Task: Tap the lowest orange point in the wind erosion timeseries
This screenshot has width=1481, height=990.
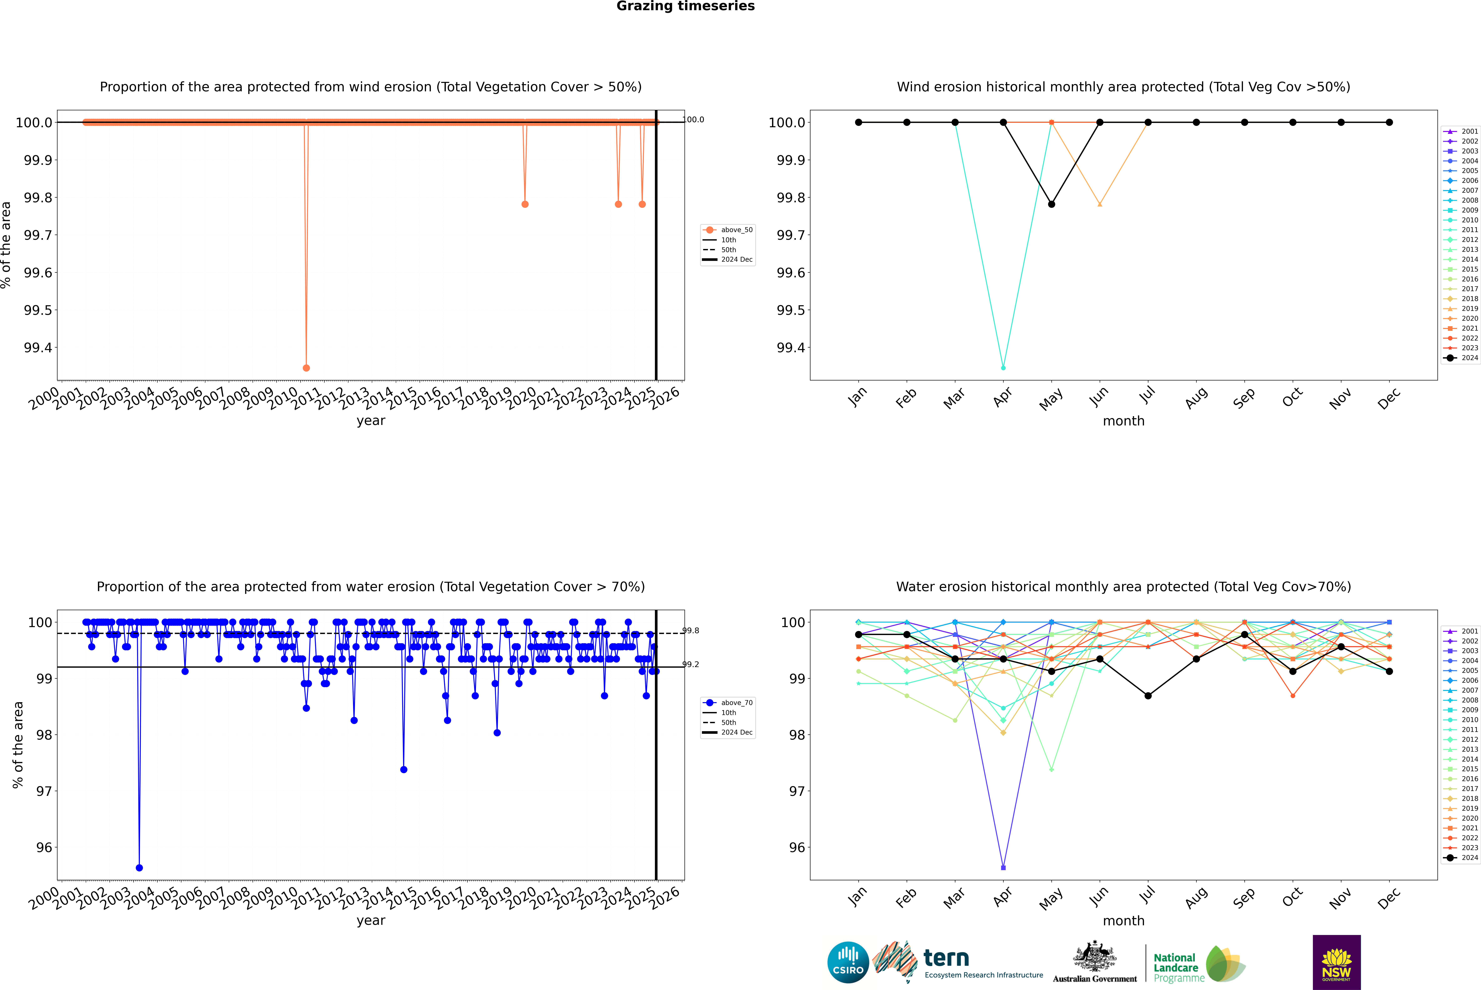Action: [306, 367]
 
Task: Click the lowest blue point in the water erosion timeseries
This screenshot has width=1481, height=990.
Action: [139, 867]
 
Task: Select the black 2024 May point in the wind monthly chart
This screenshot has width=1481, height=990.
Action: [1051, 204]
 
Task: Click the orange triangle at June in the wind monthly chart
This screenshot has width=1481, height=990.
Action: [1100, 204]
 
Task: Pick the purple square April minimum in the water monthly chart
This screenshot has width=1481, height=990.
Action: [1003, 867]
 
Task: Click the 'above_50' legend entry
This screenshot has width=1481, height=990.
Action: [736, 230]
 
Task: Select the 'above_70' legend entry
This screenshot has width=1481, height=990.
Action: [736, 703]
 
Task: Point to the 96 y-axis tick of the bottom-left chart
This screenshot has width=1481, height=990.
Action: [44, 847]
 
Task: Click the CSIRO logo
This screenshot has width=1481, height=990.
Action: [848, 962]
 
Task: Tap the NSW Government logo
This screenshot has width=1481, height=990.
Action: [1336, 962]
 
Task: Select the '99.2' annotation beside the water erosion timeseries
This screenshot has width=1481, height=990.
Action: [691, 664]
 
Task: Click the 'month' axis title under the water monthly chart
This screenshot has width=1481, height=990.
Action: [1123, 921]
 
